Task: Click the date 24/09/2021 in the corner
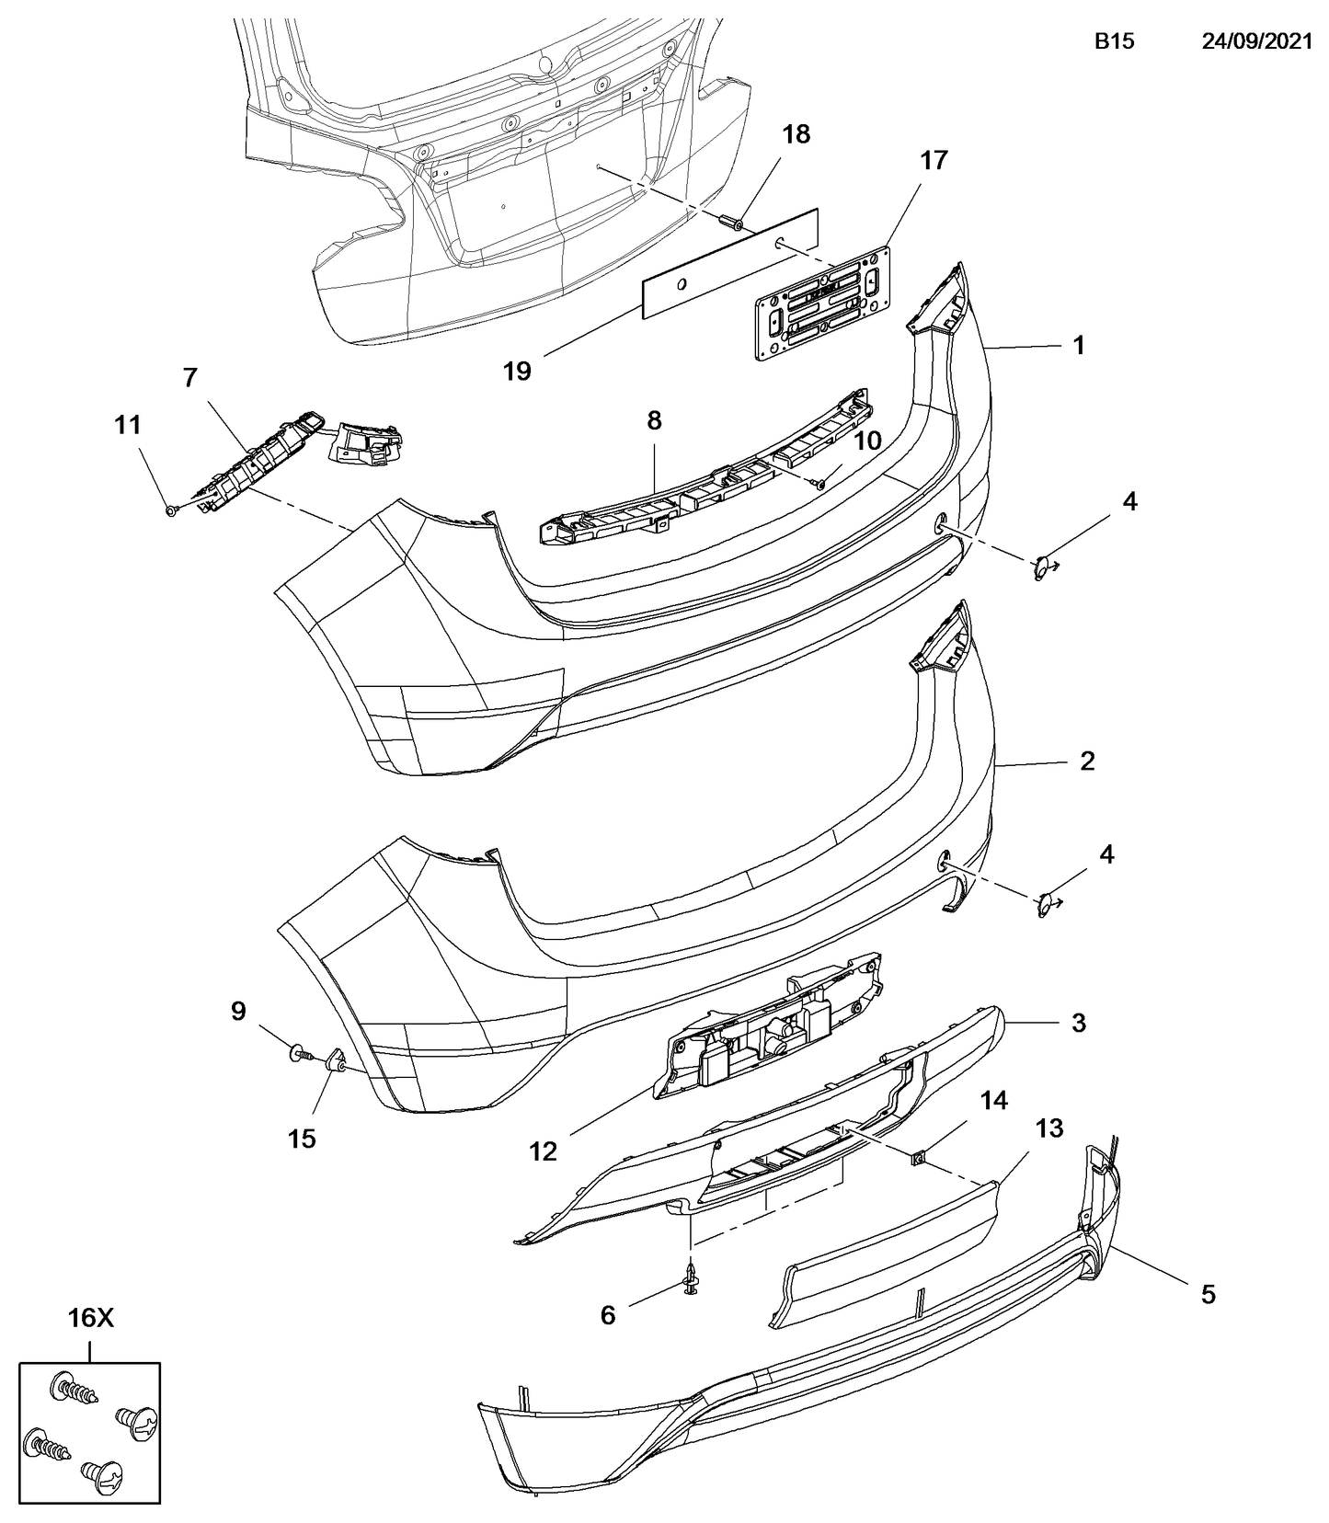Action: click(1256, 41)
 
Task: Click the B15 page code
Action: click(1114, 41)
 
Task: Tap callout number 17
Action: click(933, 160)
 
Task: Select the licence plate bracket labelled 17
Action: click(823, 303)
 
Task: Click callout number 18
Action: click(796, 134)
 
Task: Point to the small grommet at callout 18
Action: click(732, 222)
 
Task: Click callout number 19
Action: click(517, 371)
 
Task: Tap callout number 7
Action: click(189, 377)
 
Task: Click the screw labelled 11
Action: click(172, 510)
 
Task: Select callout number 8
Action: click(654, 420)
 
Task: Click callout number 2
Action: click(1087, 761)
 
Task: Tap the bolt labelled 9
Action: click(298, 1051)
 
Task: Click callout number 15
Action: click(302, 1139)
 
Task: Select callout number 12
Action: click(543, 1151)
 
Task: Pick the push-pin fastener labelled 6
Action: click(692, 1279)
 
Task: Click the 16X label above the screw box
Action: click(89, 1318)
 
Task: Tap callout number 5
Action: click(1208, 1295)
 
